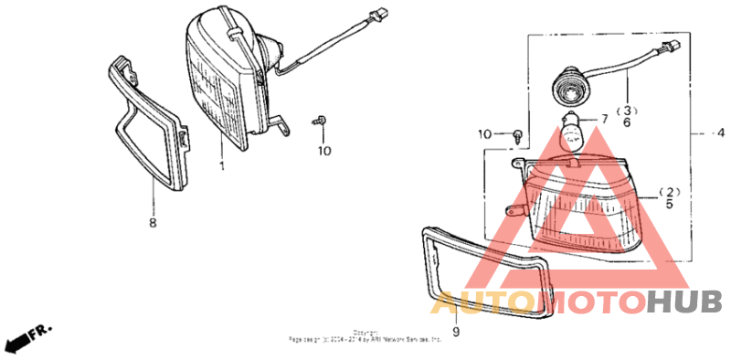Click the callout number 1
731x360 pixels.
pos(220,167)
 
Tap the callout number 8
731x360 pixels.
pos(153,222)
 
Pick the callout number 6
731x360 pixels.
pos(628,122)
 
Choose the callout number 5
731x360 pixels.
pos(669,205)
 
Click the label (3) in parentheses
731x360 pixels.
pos(628,110)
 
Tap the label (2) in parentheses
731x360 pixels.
pos(669,193)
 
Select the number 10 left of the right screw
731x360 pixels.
pos(484,134)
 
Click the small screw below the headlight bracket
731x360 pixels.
pos(322,121)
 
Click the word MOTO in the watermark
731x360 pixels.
pos(590,302)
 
